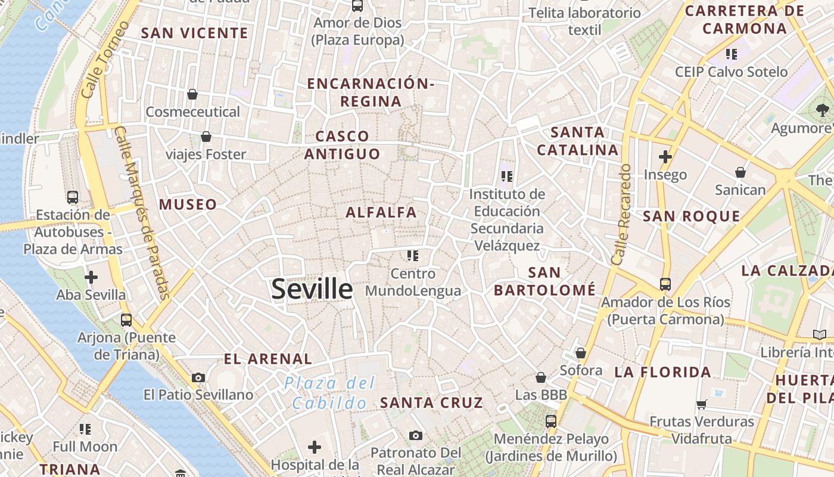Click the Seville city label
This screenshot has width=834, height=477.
coord(312,289)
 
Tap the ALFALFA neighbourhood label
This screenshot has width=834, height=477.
coord(381,212)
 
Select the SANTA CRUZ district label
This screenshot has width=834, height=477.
coord(432,402)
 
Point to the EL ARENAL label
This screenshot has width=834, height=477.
coord(267,359)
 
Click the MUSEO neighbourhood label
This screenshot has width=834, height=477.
coord(188,205)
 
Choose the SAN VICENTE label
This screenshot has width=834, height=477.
coord(194,33)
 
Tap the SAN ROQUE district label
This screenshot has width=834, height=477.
coord(691,216)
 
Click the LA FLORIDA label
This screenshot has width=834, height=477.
coord(662,373)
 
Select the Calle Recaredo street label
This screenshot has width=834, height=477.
coord(621,215)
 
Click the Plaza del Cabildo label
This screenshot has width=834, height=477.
coord(329,392)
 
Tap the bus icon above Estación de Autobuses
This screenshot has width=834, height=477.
coord(73,197)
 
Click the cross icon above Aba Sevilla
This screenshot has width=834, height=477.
coord(91,277)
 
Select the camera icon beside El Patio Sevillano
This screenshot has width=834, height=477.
coord(198,377)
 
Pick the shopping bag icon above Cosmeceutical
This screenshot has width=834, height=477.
coord(192,94)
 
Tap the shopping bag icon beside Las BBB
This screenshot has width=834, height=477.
coord(541,377)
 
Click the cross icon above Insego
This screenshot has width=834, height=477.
coord(665,157)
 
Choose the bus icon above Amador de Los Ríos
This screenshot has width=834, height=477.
coord(665,284)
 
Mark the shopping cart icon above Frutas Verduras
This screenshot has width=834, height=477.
coord(702,404)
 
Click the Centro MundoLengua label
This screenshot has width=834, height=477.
coord(413,282)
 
